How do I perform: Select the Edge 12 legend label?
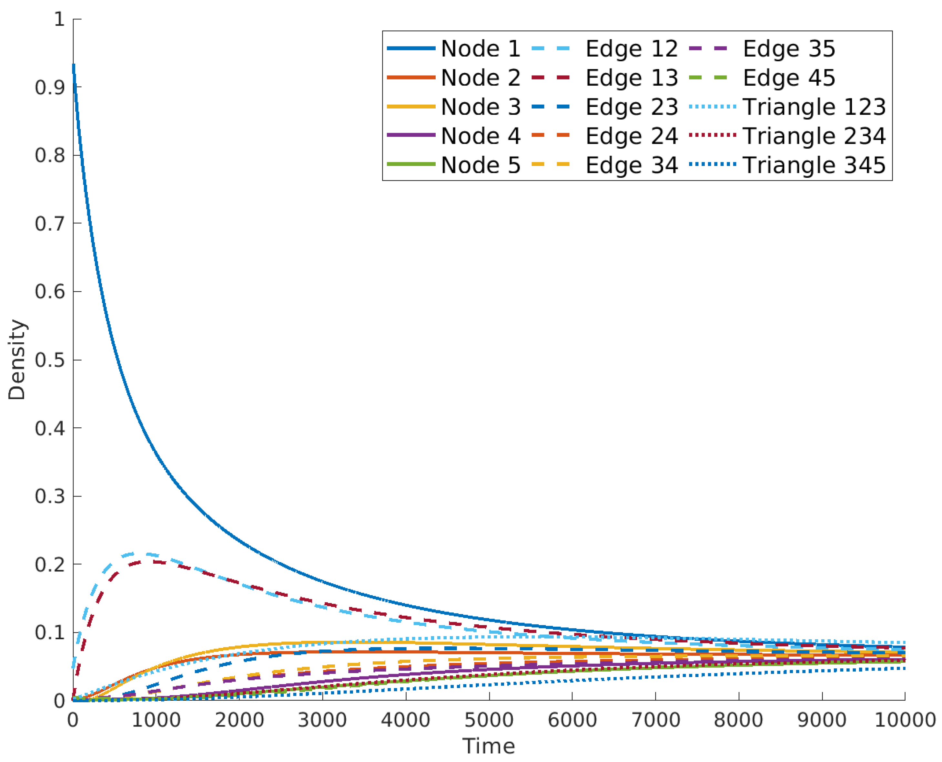tap(632, 48)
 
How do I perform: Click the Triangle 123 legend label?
tap(814, 107)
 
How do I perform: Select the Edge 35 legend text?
tap(788, 48)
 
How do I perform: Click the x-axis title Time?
tap(489, 746)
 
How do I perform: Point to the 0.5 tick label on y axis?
tap(50, 360)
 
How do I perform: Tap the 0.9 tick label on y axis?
tap(50, 87)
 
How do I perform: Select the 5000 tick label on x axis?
tap(489, 720)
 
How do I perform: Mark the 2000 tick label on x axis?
tap(239, 720)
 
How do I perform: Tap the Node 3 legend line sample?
tap(411, 107)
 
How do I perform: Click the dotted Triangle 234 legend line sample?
tap(712, 135)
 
